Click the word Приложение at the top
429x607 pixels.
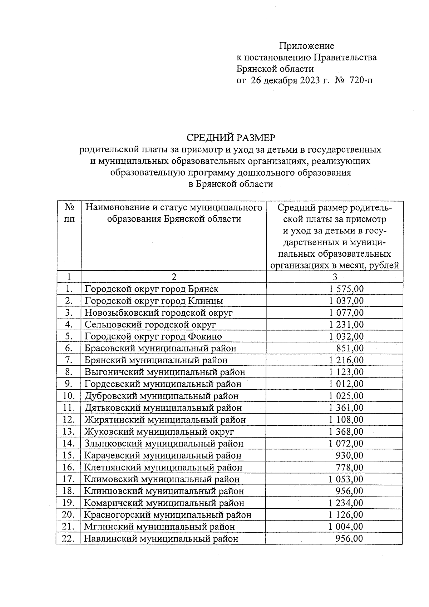pyautogui.click(x=306, y=46)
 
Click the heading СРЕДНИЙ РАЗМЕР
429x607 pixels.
pyautogui.click(x=231, y=138)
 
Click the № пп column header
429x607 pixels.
pyautogui.click(x=69, y=213)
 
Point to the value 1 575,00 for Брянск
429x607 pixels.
pyautogui.click(x=346, y=289)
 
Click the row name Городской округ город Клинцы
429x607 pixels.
pyautogui.click(x=154, y=301)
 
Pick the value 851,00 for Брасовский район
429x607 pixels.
pyautogui.click(x=350, y=348)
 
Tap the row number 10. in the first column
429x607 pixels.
pyautogui.click(x=69, y=396)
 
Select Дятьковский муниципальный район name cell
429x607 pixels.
pyautogui.click(x=163, y=408)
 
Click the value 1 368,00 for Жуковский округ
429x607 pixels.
pyautogui.click(x=346, y=431)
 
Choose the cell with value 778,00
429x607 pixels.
pyautogui.click(x=349, y=467)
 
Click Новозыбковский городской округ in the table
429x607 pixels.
pyautogui.click(x=158, y=313)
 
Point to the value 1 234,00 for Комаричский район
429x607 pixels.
pyautogui.click(x=345, y=503)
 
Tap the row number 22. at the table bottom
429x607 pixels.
pyautogui.click(x=68, y=538)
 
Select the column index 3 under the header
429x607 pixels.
pyautogui.click(x=335, y=277)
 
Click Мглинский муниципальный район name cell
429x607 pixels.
pyautogui.click(x=159, y=527)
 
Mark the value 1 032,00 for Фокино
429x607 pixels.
pyautogui.click(x=346, y=336)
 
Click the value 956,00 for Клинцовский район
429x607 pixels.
pyautogui.click(x=349, y=491)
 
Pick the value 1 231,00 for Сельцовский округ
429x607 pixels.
pyautogui.click(x=346, y=325)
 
